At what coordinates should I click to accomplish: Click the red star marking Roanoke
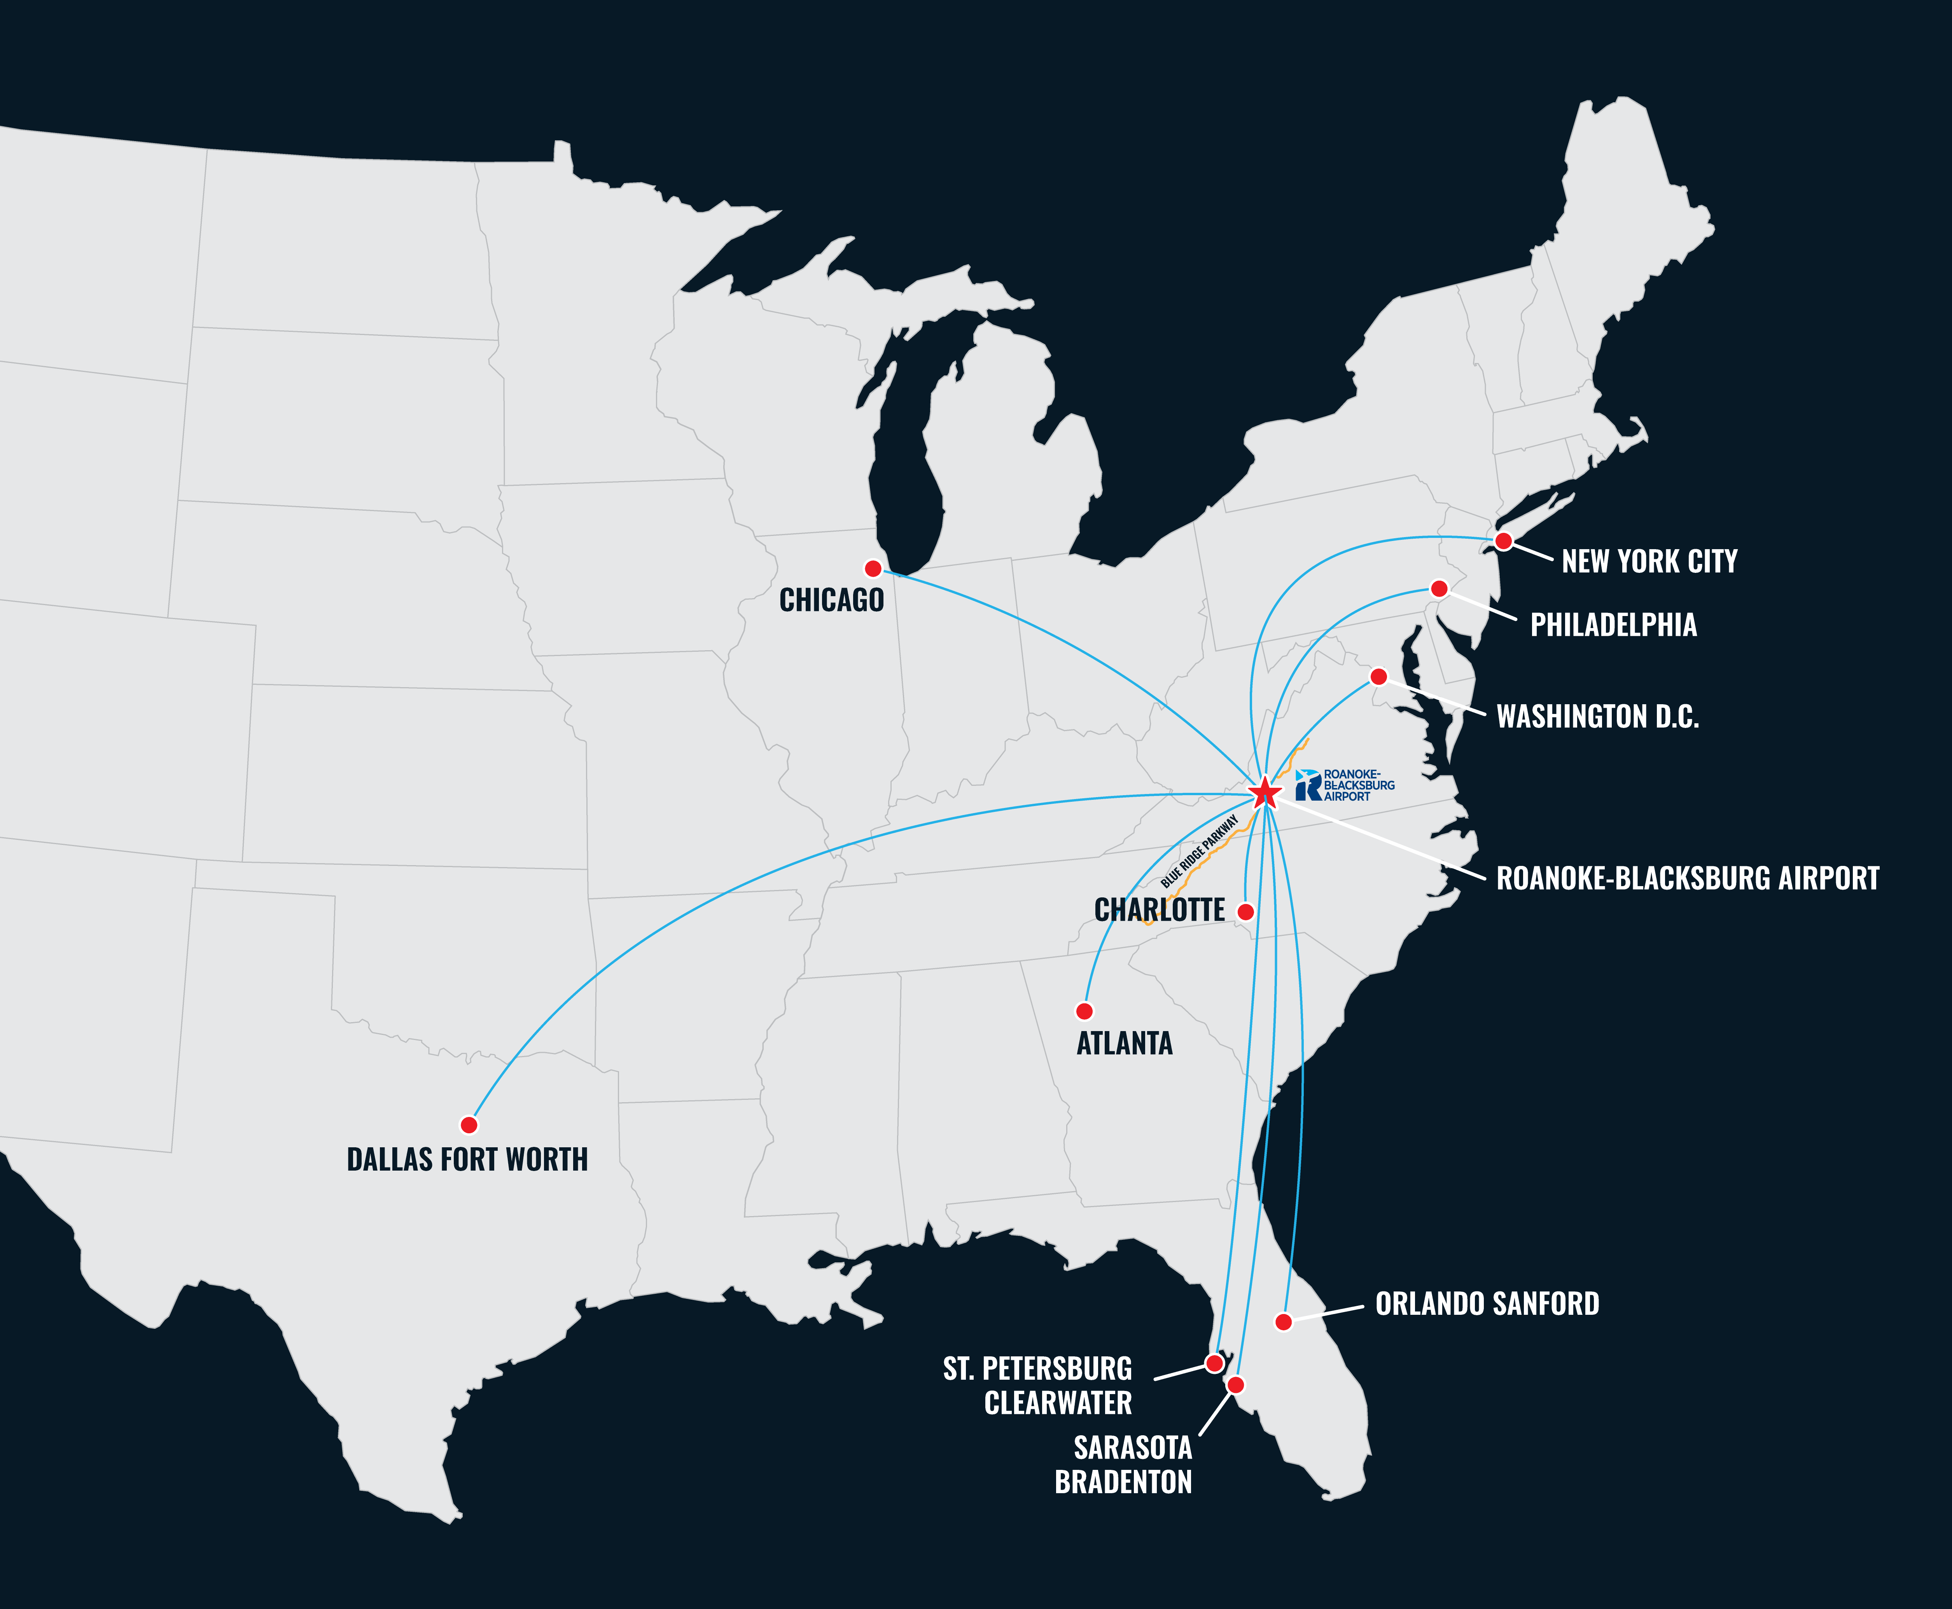point(1265,792)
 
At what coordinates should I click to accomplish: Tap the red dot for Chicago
point(873,568)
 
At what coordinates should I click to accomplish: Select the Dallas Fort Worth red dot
point(469,1124)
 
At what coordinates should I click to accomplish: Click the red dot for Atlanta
point(1084,1010)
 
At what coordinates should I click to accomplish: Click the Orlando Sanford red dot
point(1284,1322)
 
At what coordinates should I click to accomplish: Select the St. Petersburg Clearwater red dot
point(1214,1363)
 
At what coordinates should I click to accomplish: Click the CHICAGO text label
point(832,600)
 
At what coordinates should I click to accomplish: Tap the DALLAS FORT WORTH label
point(467,1159)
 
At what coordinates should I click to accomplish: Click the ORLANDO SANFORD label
point(1487,1304)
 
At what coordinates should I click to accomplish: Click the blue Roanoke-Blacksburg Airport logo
point(1345,785)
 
